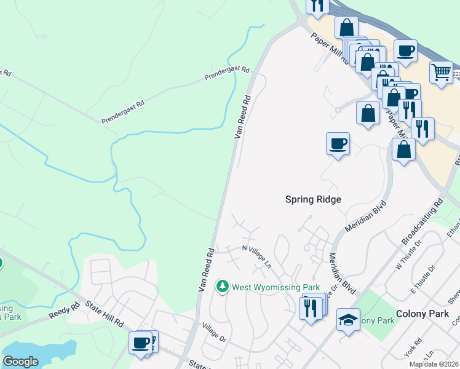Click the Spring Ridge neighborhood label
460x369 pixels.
tap(312, 199)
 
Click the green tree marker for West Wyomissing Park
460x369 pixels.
tap(222, 287)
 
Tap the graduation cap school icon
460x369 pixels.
tap(347, 320)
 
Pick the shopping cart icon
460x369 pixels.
tap(441, 73)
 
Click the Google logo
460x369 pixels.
tap(20, 362)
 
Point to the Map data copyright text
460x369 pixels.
tap(434, 364)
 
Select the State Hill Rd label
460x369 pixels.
tap(105, 314)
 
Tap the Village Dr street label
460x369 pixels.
tap(215, 335)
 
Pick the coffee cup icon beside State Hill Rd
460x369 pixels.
tap(141, 341)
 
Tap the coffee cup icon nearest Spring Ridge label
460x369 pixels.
tap(337, 143)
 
